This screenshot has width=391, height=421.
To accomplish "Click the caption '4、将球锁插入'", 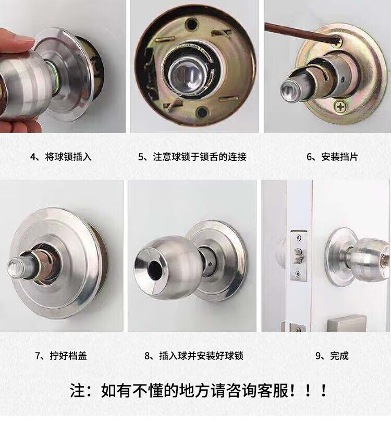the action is coord(61,157).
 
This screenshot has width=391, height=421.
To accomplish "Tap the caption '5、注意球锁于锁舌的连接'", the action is coord(192,157).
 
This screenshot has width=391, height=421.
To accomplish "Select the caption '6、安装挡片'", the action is coord(332,157).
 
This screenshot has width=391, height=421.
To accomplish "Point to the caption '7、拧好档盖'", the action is coord(61,356).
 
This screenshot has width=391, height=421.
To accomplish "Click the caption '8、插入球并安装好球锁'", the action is coord(194,356).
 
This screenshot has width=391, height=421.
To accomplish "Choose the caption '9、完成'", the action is coord(332,356).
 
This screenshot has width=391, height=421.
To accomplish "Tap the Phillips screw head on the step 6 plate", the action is coord(341,107).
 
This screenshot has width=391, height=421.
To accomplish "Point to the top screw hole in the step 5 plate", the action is coord(192,24).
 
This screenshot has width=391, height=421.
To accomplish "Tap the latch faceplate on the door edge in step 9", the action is coord(298,255).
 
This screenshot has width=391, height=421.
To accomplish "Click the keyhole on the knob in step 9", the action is coord(385,259).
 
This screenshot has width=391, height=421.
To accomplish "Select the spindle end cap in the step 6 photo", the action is coord(289,90).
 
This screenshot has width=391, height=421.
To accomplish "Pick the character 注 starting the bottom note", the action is coord(78,391).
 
